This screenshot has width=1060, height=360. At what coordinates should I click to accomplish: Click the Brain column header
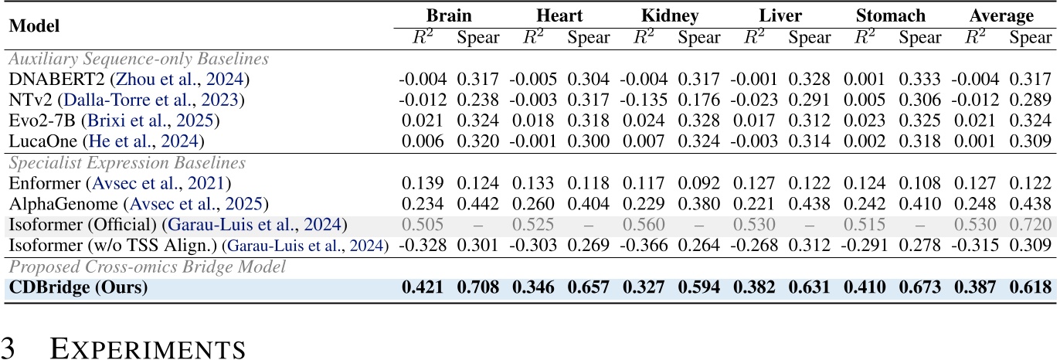[x=450, y=15]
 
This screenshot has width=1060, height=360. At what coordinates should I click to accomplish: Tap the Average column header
[x=1002, y=15]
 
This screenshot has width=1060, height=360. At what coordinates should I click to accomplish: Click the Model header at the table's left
[x=34, y=25]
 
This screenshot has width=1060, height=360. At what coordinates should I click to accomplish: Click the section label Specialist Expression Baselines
[x=127, y=163]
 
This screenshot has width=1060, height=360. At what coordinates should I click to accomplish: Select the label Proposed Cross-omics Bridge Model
[x=143, y=267]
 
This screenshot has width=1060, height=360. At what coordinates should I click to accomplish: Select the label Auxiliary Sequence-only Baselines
[x=138, y=59]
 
